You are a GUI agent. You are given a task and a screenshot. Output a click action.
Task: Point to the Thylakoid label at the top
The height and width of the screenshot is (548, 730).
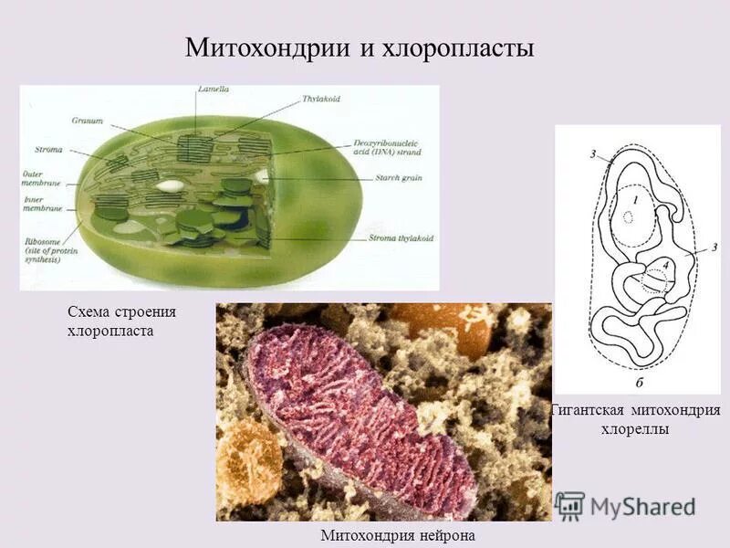coord(322,99)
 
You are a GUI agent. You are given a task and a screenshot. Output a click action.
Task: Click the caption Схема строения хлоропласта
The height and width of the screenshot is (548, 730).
coord(121,321)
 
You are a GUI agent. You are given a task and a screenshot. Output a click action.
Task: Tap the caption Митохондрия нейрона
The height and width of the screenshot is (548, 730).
coord(398,535)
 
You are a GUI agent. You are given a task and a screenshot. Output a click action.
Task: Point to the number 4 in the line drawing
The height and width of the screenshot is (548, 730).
coord(667,265)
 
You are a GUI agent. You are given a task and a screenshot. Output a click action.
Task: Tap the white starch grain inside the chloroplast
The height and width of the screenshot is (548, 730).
coord(169,185)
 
